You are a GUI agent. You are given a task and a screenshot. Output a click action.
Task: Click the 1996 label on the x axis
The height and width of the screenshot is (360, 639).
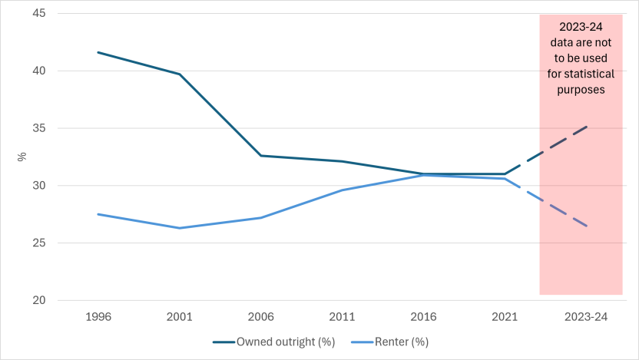[98, 315]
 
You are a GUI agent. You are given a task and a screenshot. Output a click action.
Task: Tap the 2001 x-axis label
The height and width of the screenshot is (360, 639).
[180, 315]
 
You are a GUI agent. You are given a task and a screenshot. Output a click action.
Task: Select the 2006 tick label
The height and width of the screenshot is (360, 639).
[260, 315]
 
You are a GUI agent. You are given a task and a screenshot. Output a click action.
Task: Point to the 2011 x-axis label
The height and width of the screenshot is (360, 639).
[342, 315]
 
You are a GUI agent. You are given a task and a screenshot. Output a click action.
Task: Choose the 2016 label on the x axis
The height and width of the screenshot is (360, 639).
[423, 315]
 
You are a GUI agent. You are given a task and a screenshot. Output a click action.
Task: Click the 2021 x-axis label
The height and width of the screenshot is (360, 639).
[504, 315]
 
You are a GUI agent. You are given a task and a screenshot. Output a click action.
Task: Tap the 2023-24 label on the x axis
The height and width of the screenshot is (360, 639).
[585, 315]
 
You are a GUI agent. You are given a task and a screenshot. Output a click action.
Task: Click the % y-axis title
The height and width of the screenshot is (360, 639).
[22, 157]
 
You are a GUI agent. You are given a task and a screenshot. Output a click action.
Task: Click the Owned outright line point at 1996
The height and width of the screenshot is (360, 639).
[98, 52]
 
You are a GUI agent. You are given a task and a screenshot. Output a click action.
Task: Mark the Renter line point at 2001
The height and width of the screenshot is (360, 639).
[180, 228]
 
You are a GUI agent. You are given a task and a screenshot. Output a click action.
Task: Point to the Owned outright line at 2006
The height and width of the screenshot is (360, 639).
[260, 156]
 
